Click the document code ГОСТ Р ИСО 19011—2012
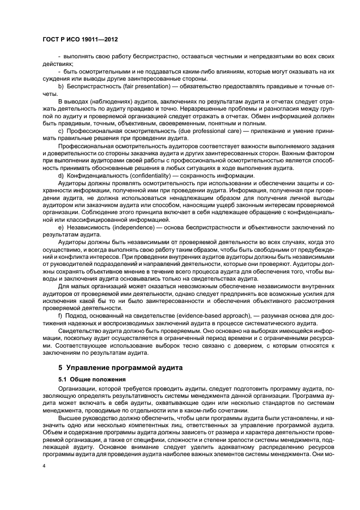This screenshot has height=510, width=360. pyautogui.click(x=81, y=40)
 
